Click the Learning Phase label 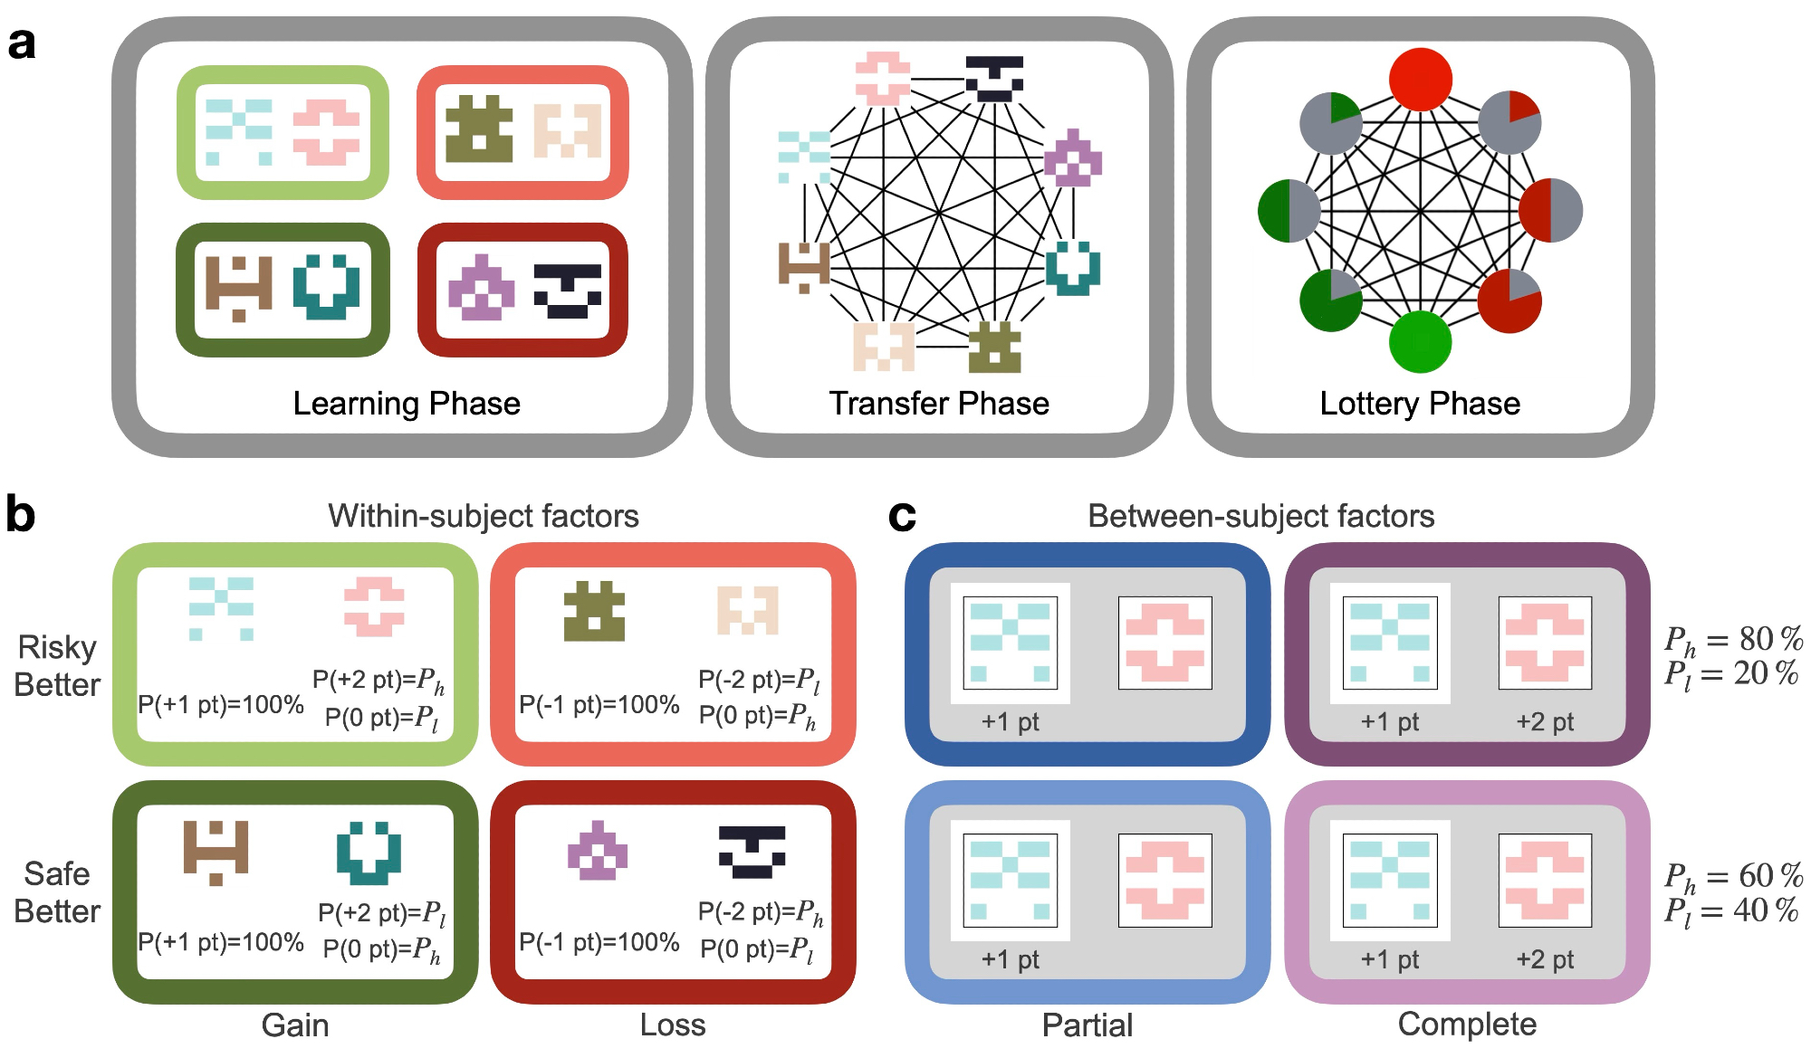pos(407,404)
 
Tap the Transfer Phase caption pos(939,404)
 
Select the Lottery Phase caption pos(1420,404)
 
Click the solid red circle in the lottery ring pos(1421,80)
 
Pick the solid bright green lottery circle pos(1420,341)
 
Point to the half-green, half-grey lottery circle pos(1289,211)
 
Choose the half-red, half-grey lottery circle pos(1550,211)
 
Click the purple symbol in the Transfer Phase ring pos(1073,158)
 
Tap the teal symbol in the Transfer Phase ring pos(1073,268)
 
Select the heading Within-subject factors pos(484,516)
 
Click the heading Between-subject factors pos(1260,516)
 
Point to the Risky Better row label pos(57,666)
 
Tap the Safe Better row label pos(57,892)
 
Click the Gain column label pos(295,1025)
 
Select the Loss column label pos(673,1025)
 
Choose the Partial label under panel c pos(1088,1025)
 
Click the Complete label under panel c pos(1467,1025)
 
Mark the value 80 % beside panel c pos(1770,639)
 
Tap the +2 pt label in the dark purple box pos(1545,722)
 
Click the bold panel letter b pos(20,515)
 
